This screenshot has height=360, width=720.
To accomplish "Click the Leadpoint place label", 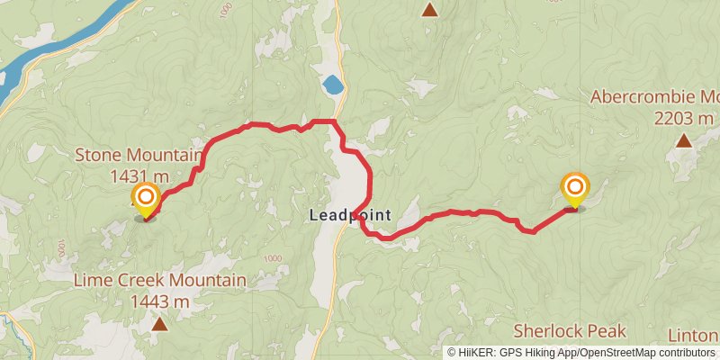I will pyautogui.click(x=349, y=216).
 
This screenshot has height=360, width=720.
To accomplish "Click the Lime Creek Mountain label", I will pyautogui.click(x=160, y=281).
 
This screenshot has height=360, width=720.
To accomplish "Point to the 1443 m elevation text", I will pyautogui.click(x=160, y=301).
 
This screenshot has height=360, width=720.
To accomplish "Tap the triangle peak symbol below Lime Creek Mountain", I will pyautogui.click(x=159, y=324).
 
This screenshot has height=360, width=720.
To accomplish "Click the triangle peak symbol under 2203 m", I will pyautogui.click(x=684, y=140).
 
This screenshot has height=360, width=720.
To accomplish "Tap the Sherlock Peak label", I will pyautogui.click(x=569, y=331).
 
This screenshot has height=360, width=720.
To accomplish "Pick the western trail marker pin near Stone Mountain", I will pyautogui.click(x=145, y=200).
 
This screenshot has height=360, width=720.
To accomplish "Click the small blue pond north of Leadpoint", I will pyautogui.click(x=332, y=85).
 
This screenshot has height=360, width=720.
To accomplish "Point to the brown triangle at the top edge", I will pyautogui.click(x=430, y=10).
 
